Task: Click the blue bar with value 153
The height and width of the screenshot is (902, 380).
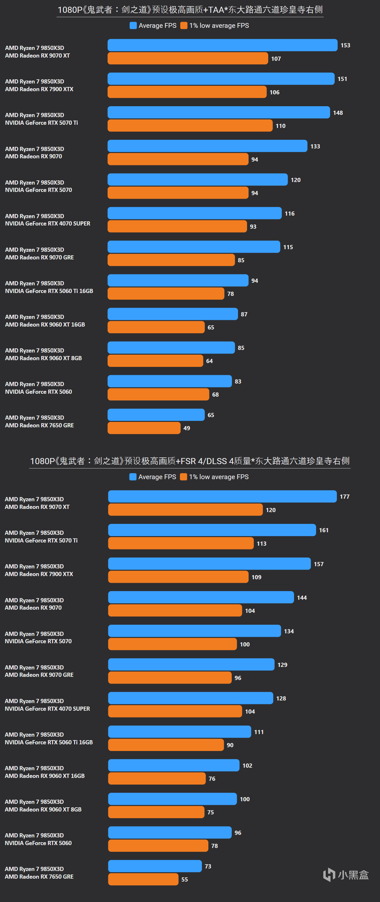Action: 222,45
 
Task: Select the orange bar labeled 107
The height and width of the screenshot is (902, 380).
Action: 188,59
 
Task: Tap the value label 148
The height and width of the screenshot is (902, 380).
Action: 338,113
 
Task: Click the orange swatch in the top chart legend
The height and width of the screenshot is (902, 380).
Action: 184,26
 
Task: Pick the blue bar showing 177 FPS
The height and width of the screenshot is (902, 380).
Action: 222,496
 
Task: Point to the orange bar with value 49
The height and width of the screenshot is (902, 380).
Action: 144,428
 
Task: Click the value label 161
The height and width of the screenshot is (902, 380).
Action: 324,530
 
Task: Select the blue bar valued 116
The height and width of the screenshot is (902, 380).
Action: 195,213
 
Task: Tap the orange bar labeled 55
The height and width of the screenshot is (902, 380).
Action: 143,879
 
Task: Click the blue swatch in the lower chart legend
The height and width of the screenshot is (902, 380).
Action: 133,477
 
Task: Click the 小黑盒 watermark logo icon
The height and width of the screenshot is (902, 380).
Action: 329,875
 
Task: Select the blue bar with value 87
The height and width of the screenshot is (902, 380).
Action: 173,314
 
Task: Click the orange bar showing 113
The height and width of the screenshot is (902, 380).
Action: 181,543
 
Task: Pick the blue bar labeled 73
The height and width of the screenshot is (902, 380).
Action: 155,866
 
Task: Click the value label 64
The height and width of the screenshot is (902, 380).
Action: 210,361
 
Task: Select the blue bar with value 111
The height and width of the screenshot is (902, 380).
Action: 180,732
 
